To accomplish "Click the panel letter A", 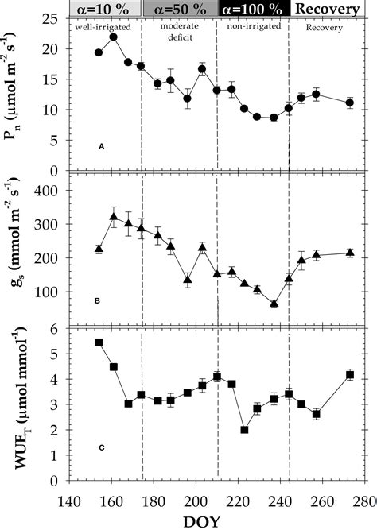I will click(101, 147).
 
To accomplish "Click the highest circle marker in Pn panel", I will click(114, 37).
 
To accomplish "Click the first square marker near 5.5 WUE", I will click(99, 342).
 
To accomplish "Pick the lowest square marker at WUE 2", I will click(244, 430).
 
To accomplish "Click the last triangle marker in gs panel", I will click(350, 253).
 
